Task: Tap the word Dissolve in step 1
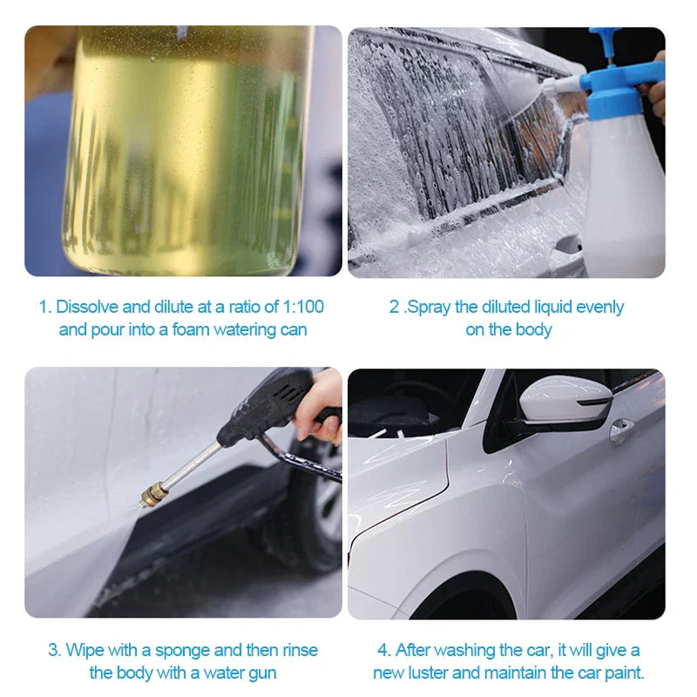coord(89,307)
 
